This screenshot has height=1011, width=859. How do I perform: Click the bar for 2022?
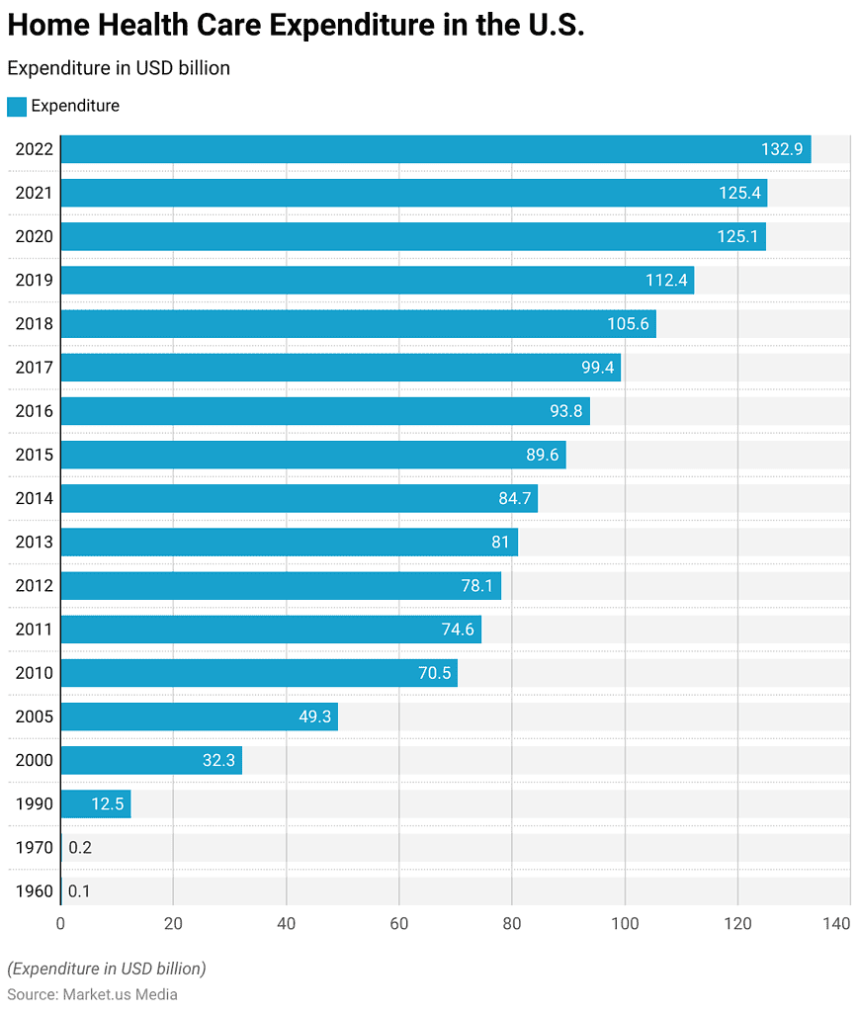(435, 149)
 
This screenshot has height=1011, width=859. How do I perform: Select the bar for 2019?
(377, 281)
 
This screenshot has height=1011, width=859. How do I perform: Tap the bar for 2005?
(199, 716)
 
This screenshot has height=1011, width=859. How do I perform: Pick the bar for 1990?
(95, 803)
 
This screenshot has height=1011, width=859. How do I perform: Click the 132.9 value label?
(782, 149)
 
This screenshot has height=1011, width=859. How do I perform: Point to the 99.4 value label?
(598, 368)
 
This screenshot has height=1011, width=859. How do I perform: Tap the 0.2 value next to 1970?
(80, 847)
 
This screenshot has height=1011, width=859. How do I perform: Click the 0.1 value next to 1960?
(79, 890)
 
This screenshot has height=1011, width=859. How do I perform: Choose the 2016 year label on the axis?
(34, 411)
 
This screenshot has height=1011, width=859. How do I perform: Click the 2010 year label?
(34, 673)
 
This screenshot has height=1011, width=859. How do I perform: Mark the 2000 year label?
(34, 760)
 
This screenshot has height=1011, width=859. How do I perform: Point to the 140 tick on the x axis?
(836, 923)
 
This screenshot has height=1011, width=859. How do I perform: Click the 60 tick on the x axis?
(398, 923)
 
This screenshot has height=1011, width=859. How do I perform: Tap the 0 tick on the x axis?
(60, 923)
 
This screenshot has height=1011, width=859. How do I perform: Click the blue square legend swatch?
(17, 107)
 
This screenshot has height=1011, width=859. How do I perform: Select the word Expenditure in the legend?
(75, 106)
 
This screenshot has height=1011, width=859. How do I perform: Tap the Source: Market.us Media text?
(92, 993)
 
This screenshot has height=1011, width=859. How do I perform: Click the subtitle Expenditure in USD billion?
(119, 68)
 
